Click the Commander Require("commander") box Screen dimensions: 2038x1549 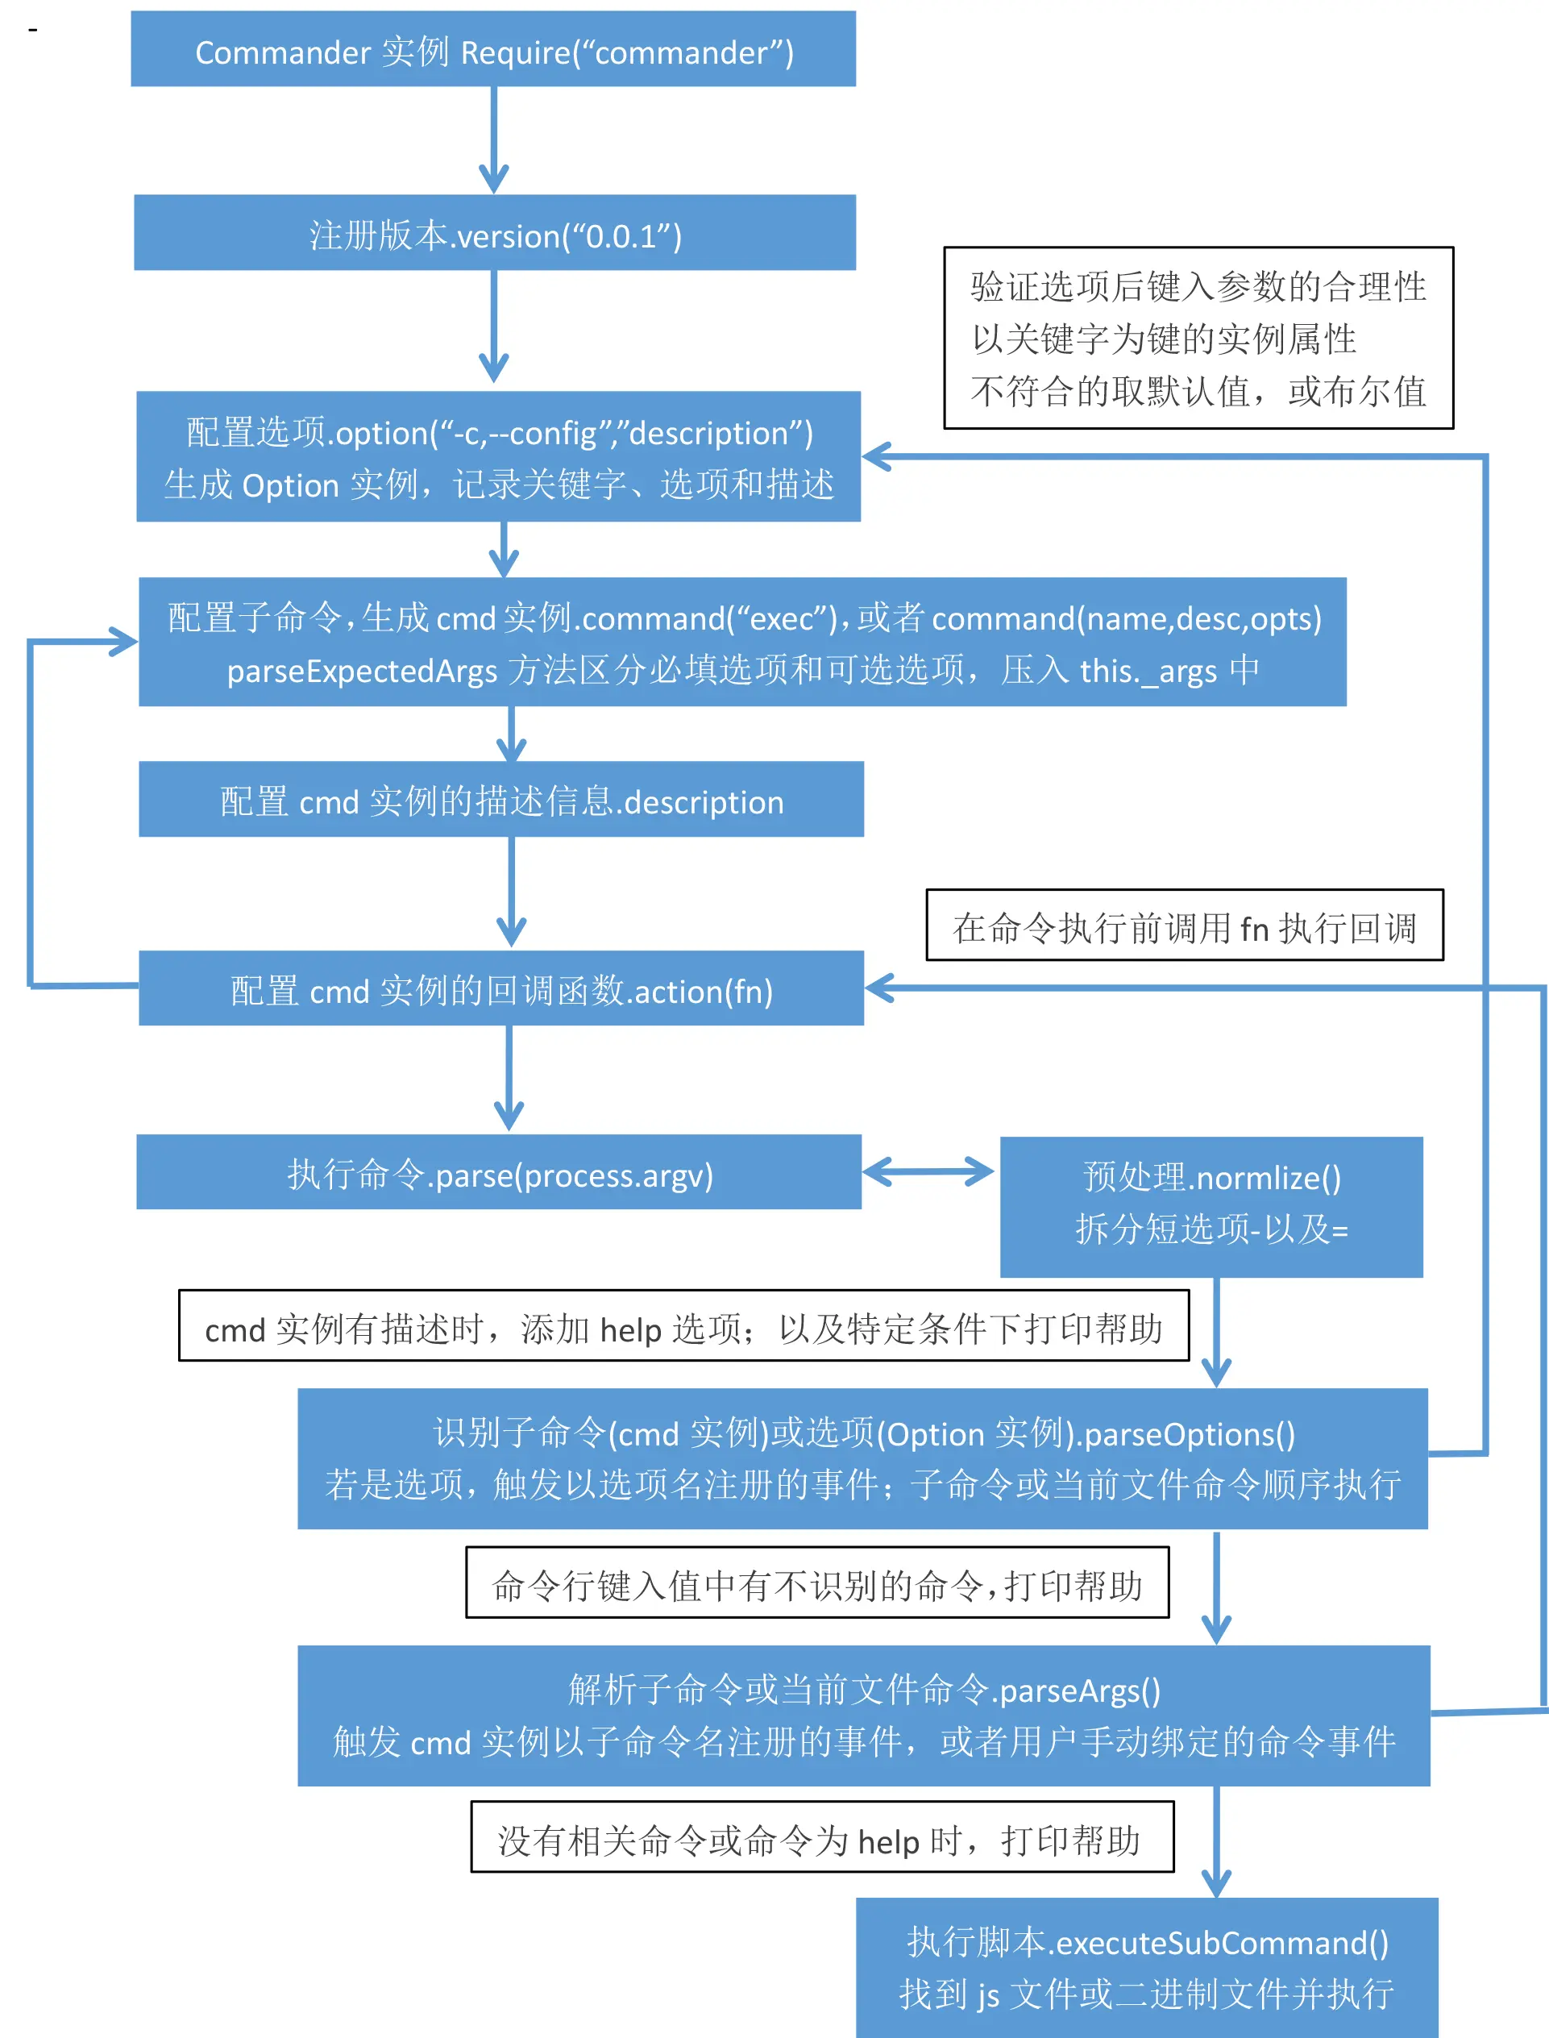tap(493, 50)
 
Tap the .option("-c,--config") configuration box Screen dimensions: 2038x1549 tap(499, 457)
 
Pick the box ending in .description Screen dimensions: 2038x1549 tap(500, 800)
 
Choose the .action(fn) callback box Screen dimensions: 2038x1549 tap(500, 988)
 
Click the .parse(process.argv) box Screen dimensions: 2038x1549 tap(499, 1173)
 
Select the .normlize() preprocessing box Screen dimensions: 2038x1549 tap(1211, 1206)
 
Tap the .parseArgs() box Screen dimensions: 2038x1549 tap(864, 1716)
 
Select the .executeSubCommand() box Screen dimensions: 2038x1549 tap(1146, 1967)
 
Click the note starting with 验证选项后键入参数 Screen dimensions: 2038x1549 tap(1198, 339)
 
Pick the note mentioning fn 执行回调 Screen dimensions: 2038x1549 tap(1184, 925)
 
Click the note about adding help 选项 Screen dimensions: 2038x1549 tap(683, 1326)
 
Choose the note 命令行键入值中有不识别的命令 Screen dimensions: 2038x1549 tap(817, 1583)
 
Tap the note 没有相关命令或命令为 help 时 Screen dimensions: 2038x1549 tap(821, 1837)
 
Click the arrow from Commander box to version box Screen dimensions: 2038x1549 tap(493, 139)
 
